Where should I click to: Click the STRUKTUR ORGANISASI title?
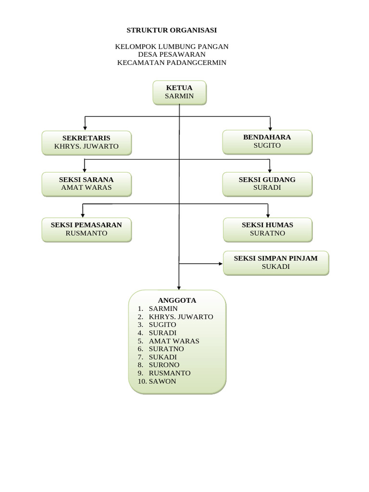click(x=172, y=30)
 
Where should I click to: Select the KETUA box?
click(x=179, y=92)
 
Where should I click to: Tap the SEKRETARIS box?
click(x=86, y=143)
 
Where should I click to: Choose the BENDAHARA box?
click(x=267, y=142)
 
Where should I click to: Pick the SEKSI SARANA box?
click(x=86, y=184)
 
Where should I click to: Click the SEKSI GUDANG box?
click(x=267, y=184)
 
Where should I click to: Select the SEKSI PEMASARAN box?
click(x=86, y=230)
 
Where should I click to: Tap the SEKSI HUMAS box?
click(x=267, y=230)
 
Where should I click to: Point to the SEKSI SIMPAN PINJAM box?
click(x=276, y=263)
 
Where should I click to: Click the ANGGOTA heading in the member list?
click(x=177, y=301)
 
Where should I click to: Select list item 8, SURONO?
click(x=164, y=365)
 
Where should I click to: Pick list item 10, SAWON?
click(x=162, y=381)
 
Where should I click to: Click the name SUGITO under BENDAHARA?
click(x=267, y=146)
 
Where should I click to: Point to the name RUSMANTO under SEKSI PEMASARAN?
click(x=86, y=234)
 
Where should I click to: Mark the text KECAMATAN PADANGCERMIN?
click(x=172, y=63)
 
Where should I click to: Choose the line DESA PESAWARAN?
click(x=172, y=55)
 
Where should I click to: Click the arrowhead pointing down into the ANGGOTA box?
click(x=179, y=288)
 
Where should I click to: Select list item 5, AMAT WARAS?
click(x=174, y=341)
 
